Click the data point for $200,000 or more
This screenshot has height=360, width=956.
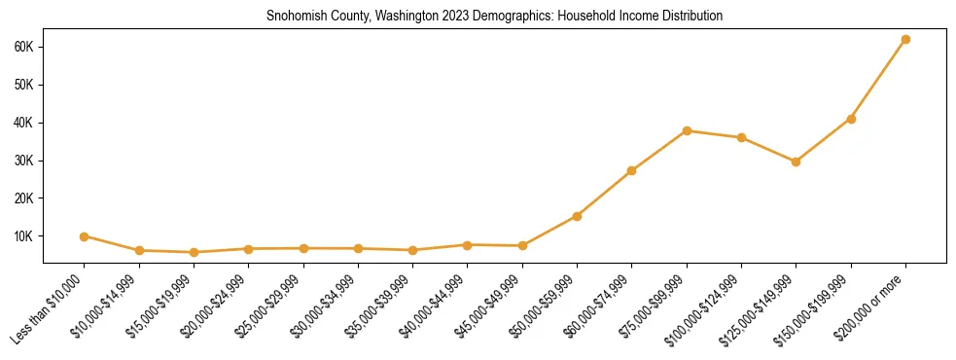click(905, 39)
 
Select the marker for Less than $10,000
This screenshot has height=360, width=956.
click(85, 236)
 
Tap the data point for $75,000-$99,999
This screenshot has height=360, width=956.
click(687, 130)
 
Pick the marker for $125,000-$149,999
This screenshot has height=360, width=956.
click(797, 162)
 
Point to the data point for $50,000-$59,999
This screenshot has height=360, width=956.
click(578, 216)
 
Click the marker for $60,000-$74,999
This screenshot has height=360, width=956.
click(632, 170)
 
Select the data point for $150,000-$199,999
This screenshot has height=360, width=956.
click(851, 119)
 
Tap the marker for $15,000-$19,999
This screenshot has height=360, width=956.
click(194, 252)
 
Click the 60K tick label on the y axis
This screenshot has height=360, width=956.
click(24, 47)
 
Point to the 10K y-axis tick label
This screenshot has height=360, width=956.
click(24, 236)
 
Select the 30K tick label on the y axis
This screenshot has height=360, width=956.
click(24, 161)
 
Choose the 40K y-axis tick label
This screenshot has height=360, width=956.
click(24, 123)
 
